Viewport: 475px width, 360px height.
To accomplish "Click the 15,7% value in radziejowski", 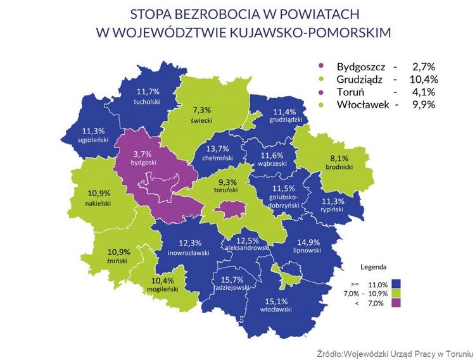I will [x=231, y=279].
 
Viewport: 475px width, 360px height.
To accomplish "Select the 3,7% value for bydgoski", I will [x=143, y=153].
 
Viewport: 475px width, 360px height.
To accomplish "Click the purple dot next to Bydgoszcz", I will [x=324, y=66].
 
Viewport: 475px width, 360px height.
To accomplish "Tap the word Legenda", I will [x=374, y=266].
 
